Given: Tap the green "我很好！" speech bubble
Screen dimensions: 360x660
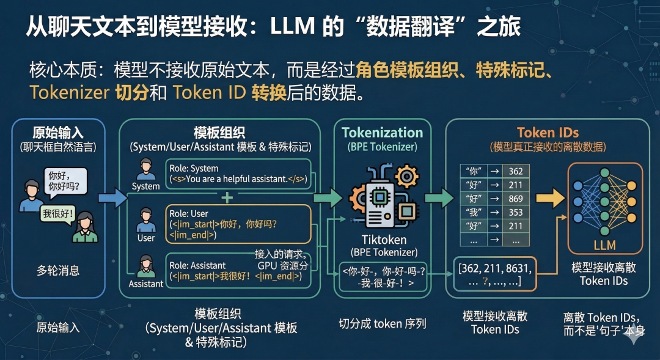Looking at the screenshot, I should pyautogui.click(x=58, y=215).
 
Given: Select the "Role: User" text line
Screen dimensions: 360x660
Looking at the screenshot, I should pyautogui.click(x=191, y=214).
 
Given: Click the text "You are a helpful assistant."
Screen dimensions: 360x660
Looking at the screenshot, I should pyautogui.click(x=236, y=179).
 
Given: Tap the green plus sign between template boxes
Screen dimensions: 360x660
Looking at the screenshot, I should pyautogui.click(x=227, y=197).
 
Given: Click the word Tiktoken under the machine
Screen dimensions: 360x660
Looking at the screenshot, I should pyautogui.click(x=384, y=240).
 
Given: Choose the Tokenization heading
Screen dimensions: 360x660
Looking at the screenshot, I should pyautogui.click(x=382, y=133).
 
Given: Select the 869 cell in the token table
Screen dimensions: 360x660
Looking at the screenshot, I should pyautogui.click(x=515, y=199).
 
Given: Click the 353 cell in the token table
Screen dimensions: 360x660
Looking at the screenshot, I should pyautogui.click(x=515, y=213).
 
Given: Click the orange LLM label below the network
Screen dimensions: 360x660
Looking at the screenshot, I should pyautogui.click(x=604, y=246).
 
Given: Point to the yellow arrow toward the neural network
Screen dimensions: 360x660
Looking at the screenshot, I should pyautogui.click(x=549, y=197).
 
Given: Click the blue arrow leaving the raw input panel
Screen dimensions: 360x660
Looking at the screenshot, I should pyautogui.click(x=112, y=197).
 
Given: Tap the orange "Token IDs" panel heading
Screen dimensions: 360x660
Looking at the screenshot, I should pyautogui.click(x=548, y=133).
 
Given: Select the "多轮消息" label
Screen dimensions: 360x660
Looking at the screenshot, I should pyautogui.click(x=58, y=270).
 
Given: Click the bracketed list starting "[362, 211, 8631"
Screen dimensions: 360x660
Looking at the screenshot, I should pyautogui.click(x=494, y=274).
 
